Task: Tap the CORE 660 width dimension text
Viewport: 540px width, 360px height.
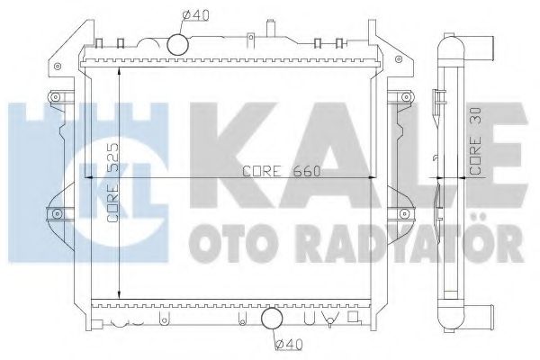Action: coord(274,171)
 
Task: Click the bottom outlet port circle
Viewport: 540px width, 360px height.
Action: coord(270,319)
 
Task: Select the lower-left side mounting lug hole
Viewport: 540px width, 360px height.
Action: coord(56,212)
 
